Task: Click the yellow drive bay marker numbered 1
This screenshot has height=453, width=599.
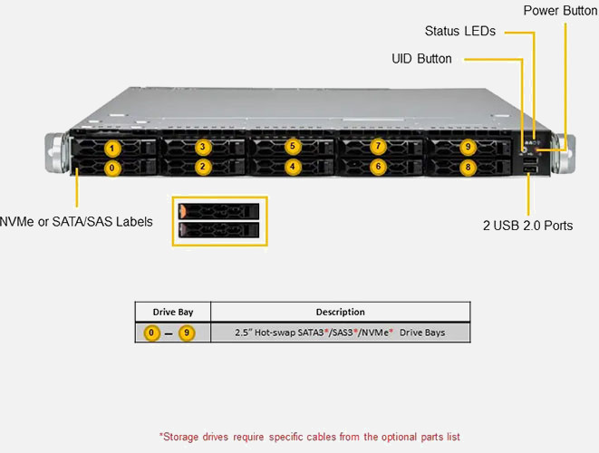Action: tap(111, 147)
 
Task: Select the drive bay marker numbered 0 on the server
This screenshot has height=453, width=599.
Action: tap(111, 168)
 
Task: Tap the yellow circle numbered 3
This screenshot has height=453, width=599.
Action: tap(202, 147)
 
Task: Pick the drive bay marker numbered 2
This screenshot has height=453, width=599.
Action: tap(202, 168)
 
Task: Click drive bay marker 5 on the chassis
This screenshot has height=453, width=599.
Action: tap(291, 146)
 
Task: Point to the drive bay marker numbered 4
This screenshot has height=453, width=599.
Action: tap(291, 168)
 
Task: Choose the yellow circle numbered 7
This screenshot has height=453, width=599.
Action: tap(379, 146)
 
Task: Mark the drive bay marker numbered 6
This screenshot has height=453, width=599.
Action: tap(379, 168)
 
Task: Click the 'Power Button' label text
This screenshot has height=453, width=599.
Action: tap(560, 10)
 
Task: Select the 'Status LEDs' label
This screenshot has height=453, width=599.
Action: tap(460, 31)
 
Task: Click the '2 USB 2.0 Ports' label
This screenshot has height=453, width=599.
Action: tap(527, 225)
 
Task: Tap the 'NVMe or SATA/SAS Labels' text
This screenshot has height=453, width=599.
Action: tap(76, 221)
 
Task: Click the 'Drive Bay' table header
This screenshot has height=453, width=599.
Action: tap(172, 312)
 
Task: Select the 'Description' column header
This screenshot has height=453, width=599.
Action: tap(340, 312)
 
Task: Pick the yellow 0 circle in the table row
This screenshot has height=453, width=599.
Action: tap(152, 333)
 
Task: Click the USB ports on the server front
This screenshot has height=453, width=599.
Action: tap(528, 171)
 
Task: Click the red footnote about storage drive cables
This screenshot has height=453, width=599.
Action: tap(309, 437)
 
